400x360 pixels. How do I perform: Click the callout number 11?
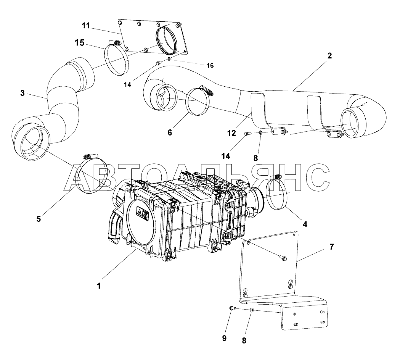(x=86, y=26)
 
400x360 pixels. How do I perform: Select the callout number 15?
(x=80, y=43)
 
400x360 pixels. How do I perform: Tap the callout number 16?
(x=210, y=65)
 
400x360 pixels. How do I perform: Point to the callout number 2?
(x=329, y=55)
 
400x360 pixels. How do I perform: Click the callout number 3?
(x=23, y=93)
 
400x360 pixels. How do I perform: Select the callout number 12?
(x=232, y=133)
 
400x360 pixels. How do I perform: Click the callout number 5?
(x=39, y=219)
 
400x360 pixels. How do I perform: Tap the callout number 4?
(x=305, y=224)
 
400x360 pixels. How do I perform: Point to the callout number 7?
(x=331, y=247)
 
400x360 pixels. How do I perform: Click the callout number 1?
(x=99, y=286)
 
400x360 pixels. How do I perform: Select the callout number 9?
(x=224, y=338)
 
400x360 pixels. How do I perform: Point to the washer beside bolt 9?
(x=252, y=310)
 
